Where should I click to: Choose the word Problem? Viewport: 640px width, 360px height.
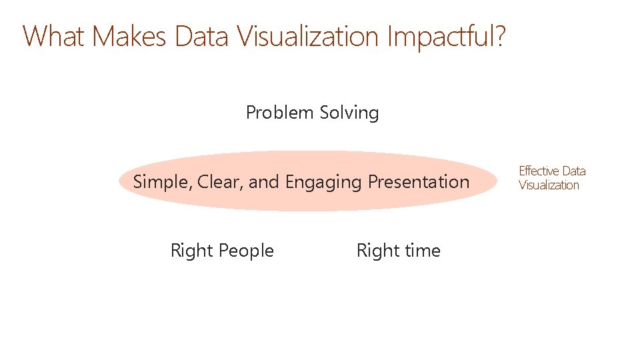[280, 113]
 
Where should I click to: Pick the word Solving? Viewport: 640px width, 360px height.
[349, 113]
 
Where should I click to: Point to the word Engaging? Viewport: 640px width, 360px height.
[324, 182]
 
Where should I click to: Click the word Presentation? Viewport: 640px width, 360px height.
[419, 181]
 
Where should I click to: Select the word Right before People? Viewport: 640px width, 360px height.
[191, 251]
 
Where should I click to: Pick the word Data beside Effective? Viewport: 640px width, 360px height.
[573, 171]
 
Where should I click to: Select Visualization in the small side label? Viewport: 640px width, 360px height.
[549, 185]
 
